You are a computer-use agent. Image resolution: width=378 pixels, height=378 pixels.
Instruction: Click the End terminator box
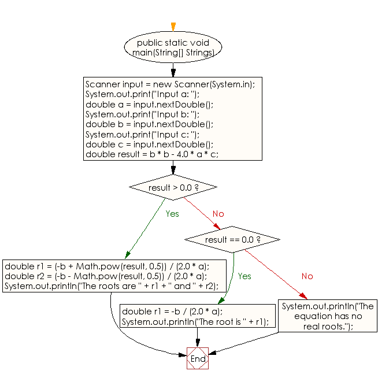tap(198, 358)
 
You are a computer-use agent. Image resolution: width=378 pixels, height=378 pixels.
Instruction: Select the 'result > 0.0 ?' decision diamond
tap(173, 187)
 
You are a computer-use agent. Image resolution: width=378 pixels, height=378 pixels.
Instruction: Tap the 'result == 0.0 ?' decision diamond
tap(232, 239)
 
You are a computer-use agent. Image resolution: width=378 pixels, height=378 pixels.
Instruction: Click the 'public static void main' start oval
tap(173, 47)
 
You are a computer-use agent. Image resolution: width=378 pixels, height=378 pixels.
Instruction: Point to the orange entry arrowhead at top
tap(173, 27)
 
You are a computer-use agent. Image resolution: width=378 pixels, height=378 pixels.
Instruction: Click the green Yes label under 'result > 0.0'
tap(172, 214)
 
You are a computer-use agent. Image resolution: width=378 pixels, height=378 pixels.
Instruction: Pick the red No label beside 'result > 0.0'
tap(218, 214)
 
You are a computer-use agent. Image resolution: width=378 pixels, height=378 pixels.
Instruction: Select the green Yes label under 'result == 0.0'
tap(244, 276)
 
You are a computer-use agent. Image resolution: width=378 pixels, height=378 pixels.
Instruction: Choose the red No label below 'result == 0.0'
tap(307, 276)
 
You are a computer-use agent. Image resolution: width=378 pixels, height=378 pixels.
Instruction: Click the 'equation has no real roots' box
tap(328, 316)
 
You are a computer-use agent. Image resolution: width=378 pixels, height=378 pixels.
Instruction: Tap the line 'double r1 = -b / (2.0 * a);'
tap(164, 312)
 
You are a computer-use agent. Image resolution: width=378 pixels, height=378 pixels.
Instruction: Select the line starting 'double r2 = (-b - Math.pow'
tap(107, 276)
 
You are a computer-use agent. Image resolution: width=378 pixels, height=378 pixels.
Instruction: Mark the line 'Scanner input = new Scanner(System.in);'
tap(170, 84)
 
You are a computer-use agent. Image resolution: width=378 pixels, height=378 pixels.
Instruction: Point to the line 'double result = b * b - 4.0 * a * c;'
tap(151, 154)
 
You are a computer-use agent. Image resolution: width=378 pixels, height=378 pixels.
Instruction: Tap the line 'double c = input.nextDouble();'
tap(149, 144)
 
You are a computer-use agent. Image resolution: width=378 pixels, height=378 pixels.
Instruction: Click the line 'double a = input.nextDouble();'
tap(149, 104)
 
